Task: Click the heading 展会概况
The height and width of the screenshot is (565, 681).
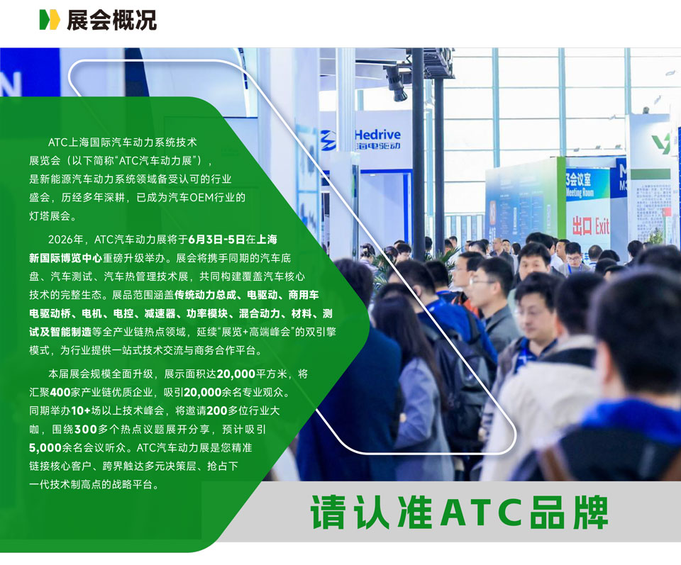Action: (x=111, y=20)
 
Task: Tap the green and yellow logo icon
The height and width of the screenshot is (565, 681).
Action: (x=50, y=20)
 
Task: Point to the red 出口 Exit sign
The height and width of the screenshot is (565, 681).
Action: (x=591, y=226)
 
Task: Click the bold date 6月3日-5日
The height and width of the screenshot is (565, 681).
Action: (x=216, y=240)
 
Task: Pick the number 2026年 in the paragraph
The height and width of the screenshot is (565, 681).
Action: (x=65, y=240)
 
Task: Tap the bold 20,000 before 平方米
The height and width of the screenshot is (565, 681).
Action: (x=236, y=374)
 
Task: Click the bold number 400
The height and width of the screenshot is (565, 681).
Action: (x=60, y=392)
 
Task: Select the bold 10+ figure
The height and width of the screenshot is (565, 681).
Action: (x=81, y=410)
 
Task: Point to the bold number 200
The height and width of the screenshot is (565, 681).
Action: (x=217, y=410)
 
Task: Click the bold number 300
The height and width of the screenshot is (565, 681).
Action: (x=86, y=429)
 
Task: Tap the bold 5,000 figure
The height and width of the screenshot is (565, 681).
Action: (x=45, y=447)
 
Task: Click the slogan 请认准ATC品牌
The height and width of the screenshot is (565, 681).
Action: (x=459, y=513)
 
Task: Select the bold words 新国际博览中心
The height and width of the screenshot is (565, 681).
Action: (x=65, y=258)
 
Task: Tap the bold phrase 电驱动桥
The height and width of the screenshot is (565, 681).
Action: (x=50, y=314)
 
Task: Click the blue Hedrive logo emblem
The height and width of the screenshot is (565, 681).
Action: (x=328, y=140)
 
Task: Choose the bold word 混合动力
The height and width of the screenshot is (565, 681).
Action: (x=260, y=314)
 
